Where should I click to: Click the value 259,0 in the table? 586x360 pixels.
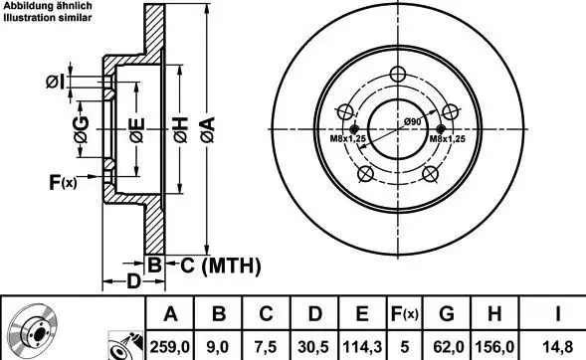170,347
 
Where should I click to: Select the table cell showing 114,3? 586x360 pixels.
362,347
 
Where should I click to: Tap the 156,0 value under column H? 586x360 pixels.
494,347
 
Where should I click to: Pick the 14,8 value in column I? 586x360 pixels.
557,347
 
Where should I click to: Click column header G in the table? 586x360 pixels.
447,313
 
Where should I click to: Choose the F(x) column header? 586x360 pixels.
404,313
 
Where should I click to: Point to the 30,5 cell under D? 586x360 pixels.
313,347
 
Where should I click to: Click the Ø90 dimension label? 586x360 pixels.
412,121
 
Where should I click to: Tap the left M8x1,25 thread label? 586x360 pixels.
347,139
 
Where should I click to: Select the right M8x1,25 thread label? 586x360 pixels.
447,139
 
